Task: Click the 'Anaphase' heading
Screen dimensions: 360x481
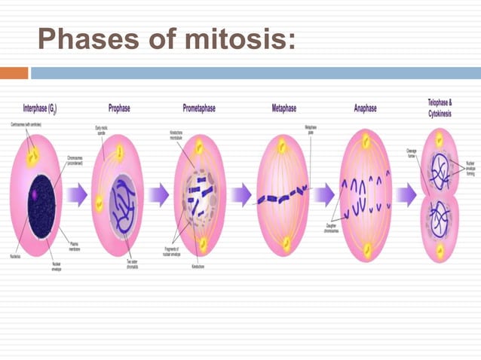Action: point(366,108)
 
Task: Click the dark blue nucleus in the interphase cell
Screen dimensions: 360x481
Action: point(41,200)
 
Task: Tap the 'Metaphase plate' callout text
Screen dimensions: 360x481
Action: point(310,130)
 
